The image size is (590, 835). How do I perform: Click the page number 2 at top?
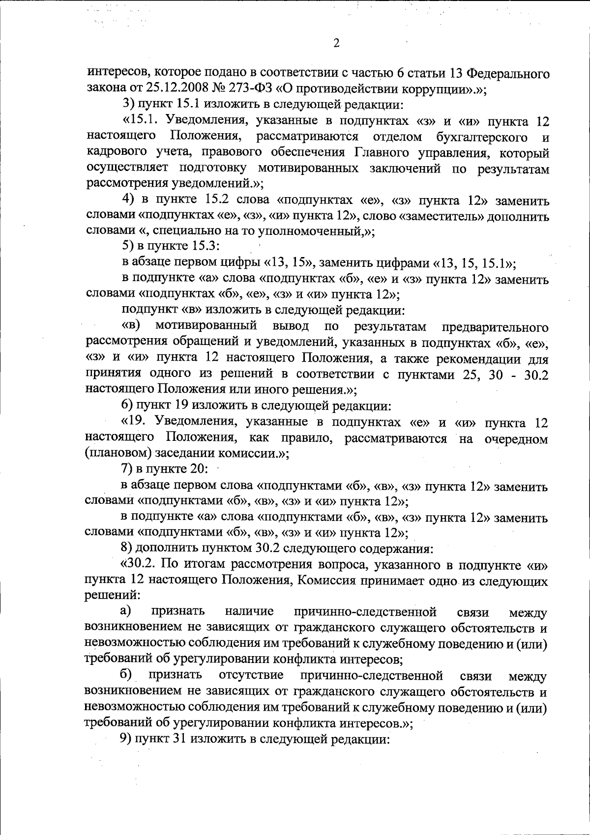(336, 44)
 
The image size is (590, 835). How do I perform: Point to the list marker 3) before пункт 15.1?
(128, 105)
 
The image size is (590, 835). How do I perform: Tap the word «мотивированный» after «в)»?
(206, 326)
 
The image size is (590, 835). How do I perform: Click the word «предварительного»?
(495, 327)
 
